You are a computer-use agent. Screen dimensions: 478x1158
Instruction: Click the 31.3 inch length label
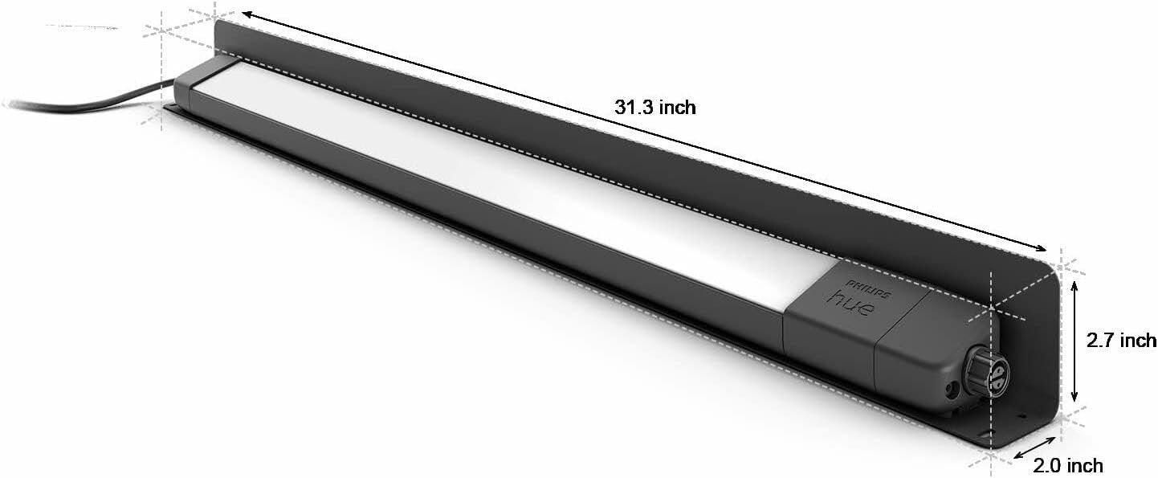tap(655, 108)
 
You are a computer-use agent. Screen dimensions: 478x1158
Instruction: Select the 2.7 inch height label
tap(1121, 341)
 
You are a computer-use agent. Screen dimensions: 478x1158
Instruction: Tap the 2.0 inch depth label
tap(1067, 465)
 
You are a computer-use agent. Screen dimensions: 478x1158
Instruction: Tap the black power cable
tap(80, 103)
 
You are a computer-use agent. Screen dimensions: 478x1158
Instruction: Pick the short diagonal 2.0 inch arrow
tap(1034, 447)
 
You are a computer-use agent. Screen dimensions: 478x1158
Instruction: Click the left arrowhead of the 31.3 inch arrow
tap(247, 15)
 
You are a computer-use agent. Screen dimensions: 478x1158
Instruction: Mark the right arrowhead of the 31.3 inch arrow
tap(1042, 249)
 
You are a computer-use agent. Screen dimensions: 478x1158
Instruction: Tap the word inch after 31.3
tap(678, 108)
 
